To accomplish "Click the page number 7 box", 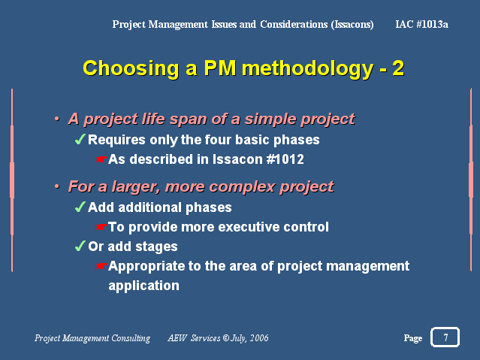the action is pos(445,337).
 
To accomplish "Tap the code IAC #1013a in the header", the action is pos(421,24).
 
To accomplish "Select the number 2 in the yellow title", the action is pos(398,68).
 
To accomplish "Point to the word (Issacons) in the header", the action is pos(352,25).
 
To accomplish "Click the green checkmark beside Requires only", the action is pos(80,139).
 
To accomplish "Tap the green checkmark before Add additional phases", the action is pos(80,207).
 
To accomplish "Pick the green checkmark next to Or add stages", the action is pos(80,246).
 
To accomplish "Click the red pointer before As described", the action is pos(101,159).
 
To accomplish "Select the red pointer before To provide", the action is pos(101,227).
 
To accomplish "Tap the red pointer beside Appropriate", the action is pos(101,266).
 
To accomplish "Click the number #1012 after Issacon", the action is pos(285,159).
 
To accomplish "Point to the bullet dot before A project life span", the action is pos(56,119).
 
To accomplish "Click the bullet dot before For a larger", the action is pos(56,186).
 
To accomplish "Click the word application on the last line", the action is pos(144,286).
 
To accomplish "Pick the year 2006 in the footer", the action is pos(259,338).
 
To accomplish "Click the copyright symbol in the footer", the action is pos(226,338).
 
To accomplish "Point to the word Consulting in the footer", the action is pos(131,338).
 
